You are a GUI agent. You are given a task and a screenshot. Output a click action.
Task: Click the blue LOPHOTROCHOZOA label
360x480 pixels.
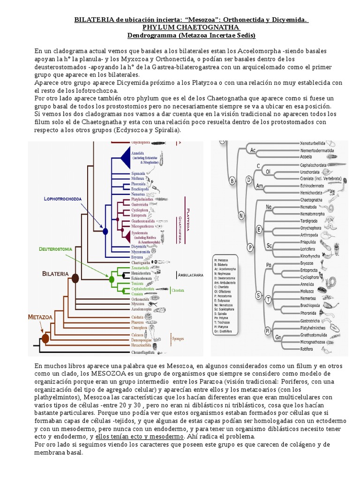tap(63, 199)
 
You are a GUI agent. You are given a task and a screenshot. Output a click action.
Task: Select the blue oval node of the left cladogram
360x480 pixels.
tap(105, 231)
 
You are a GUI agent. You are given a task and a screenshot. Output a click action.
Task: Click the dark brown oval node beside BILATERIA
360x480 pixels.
tap(75, 279)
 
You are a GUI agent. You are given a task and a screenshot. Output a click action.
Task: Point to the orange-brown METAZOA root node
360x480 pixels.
tap(45, 338)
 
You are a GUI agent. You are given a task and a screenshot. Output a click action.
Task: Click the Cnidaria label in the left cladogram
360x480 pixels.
tap(137, 317)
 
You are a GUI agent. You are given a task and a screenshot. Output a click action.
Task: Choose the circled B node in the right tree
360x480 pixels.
tap(231, 180)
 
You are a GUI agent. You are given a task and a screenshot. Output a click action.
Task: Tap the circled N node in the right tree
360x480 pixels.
tap(241, 216)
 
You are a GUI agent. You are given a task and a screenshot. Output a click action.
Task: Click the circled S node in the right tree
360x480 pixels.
tap(258, 295)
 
